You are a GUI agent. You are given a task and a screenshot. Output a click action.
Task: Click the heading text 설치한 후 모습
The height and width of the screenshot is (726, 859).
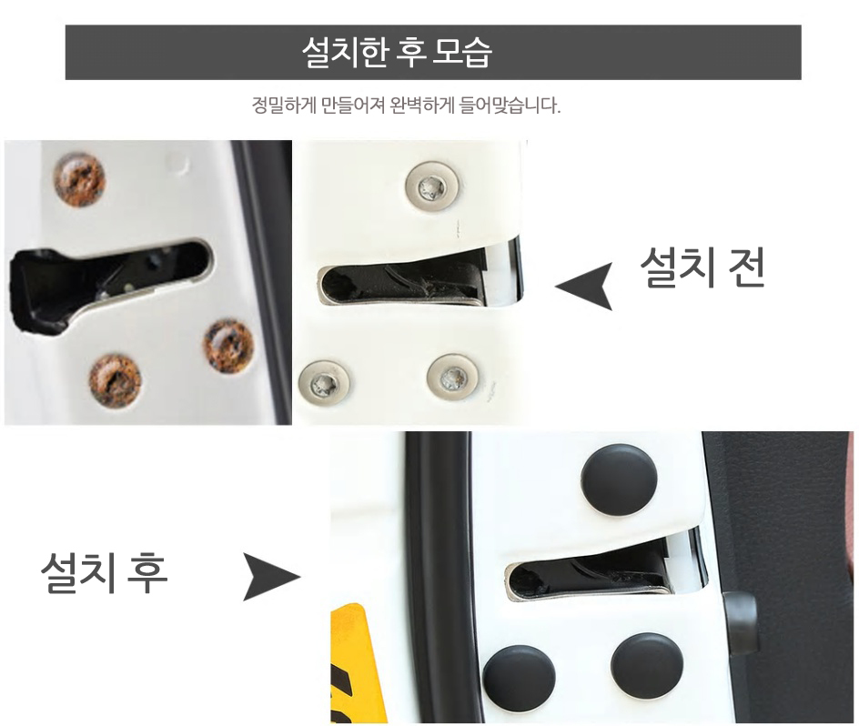coord(397,52)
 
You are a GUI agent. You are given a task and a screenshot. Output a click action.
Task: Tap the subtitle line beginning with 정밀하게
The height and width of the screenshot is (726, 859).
coord(406,105)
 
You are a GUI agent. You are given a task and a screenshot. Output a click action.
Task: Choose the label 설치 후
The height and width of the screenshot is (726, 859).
coord(104,573)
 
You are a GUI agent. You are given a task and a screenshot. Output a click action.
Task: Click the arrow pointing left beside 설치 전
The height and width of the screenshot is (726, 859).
coord(584,287)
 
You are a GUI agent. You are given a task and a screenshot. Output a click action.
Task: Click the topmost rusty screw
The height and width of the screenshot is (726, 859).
coord(79,180)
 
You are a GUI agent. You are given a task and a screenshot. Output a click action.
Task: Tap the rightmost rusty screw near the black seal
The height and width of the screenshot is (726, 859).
coord(229,344)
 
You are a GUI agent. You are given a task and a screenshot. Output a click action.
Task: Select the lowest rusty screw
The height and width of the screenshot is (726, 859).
coord(115,380)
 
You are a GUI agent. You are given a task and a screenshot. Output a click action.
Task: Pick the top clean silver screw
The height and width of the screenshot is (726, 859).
coord(431,188)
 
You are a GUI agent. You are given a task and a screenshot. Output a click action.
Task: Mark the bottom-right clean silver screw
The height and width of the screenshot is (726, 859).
coord(453,378)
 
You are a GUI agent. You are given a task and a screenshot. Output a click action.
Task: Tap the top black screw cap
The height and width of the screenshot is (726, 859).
coord(619,480)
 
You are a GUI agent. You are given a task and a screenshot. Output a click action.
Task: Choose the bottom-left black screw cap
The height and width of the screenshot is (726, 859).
coord(519,677)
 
